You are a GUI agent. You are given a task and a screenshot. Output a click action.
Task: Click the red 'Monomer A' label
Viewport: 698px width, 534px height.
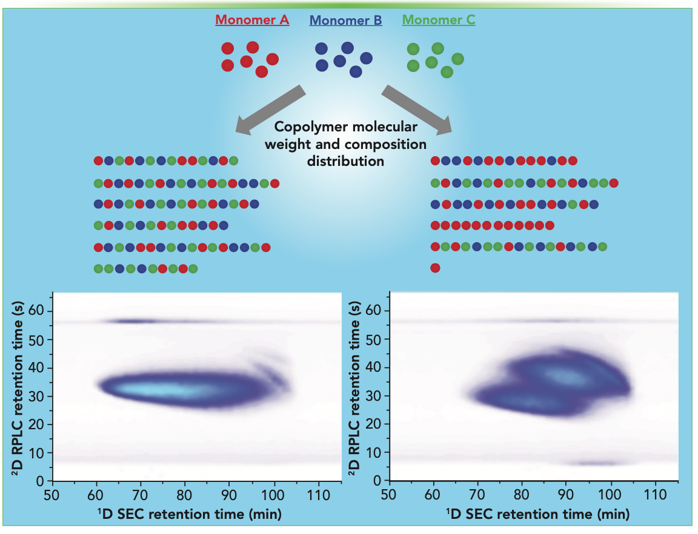coord(252,21)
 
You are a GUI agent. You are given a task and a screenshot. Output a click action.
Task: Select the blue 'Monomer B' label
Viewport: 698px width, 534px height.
coord(345,21)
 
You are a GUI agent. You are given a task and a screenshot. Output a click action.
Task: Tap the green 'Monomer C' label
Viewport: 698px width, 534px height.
coord(439,21)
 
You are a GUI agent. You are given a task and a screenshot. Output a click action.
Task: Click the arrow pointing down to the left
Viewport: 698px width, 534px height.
coord(270,109)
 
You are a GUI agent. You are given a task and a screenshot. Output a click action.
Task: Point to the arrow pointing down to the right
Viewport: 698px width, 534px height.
coord(417,109)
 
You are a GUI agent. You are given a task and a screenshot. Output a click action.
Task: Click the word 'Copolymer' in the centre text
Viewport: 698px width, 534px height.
coord(305,128)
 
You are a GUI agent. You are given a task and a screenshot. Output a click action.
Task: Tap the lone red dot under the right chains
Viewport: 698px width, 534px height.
coord(434,268)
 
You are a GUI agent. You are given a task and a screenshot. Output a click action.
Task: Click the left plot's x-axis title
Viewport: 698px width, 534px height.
coord(188,515)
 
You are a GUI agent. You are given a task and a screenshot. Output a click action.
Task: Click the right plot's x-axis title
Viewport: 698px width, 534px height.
coord(535,515)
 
